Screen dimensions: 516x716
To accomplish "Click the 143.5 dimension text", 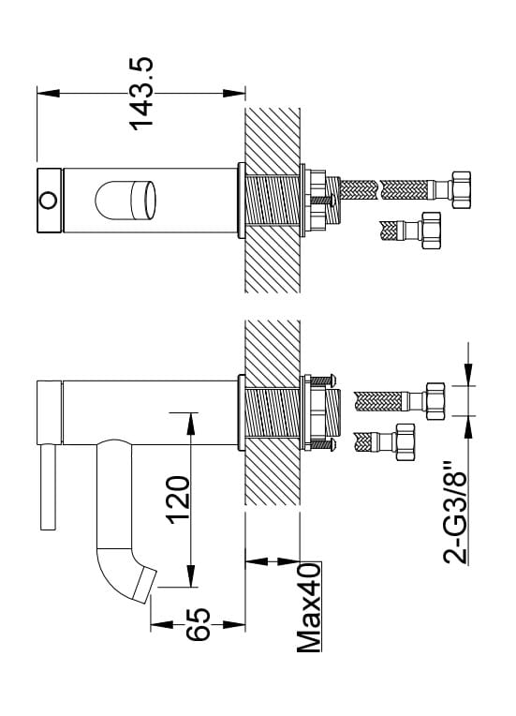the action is pyautogui.click(x=142, y=93).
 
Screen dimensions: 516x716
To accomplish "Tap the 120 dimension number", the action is pyautogui.click(x=179, y=500).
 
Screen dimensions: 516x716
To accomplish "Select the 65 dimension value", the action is pyautogui.click(x=198, y=624).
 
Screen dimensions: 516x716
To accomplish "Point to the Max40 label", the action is pyautogui.click(x=309, y=608).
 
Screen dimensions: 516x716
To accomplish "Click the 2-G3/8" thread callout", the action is pyautogui.click(x=456, y=514).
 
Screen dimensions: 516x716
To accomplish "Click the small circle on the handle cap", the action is pyautogui.click(x=49, y=201).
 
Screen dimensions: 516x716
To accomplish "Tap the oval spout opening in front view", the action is pyautogui.click(x=125, y=201).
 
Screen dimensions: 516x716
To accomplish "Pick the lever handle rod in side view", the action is pyautogui.click(x=48, y=486).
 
